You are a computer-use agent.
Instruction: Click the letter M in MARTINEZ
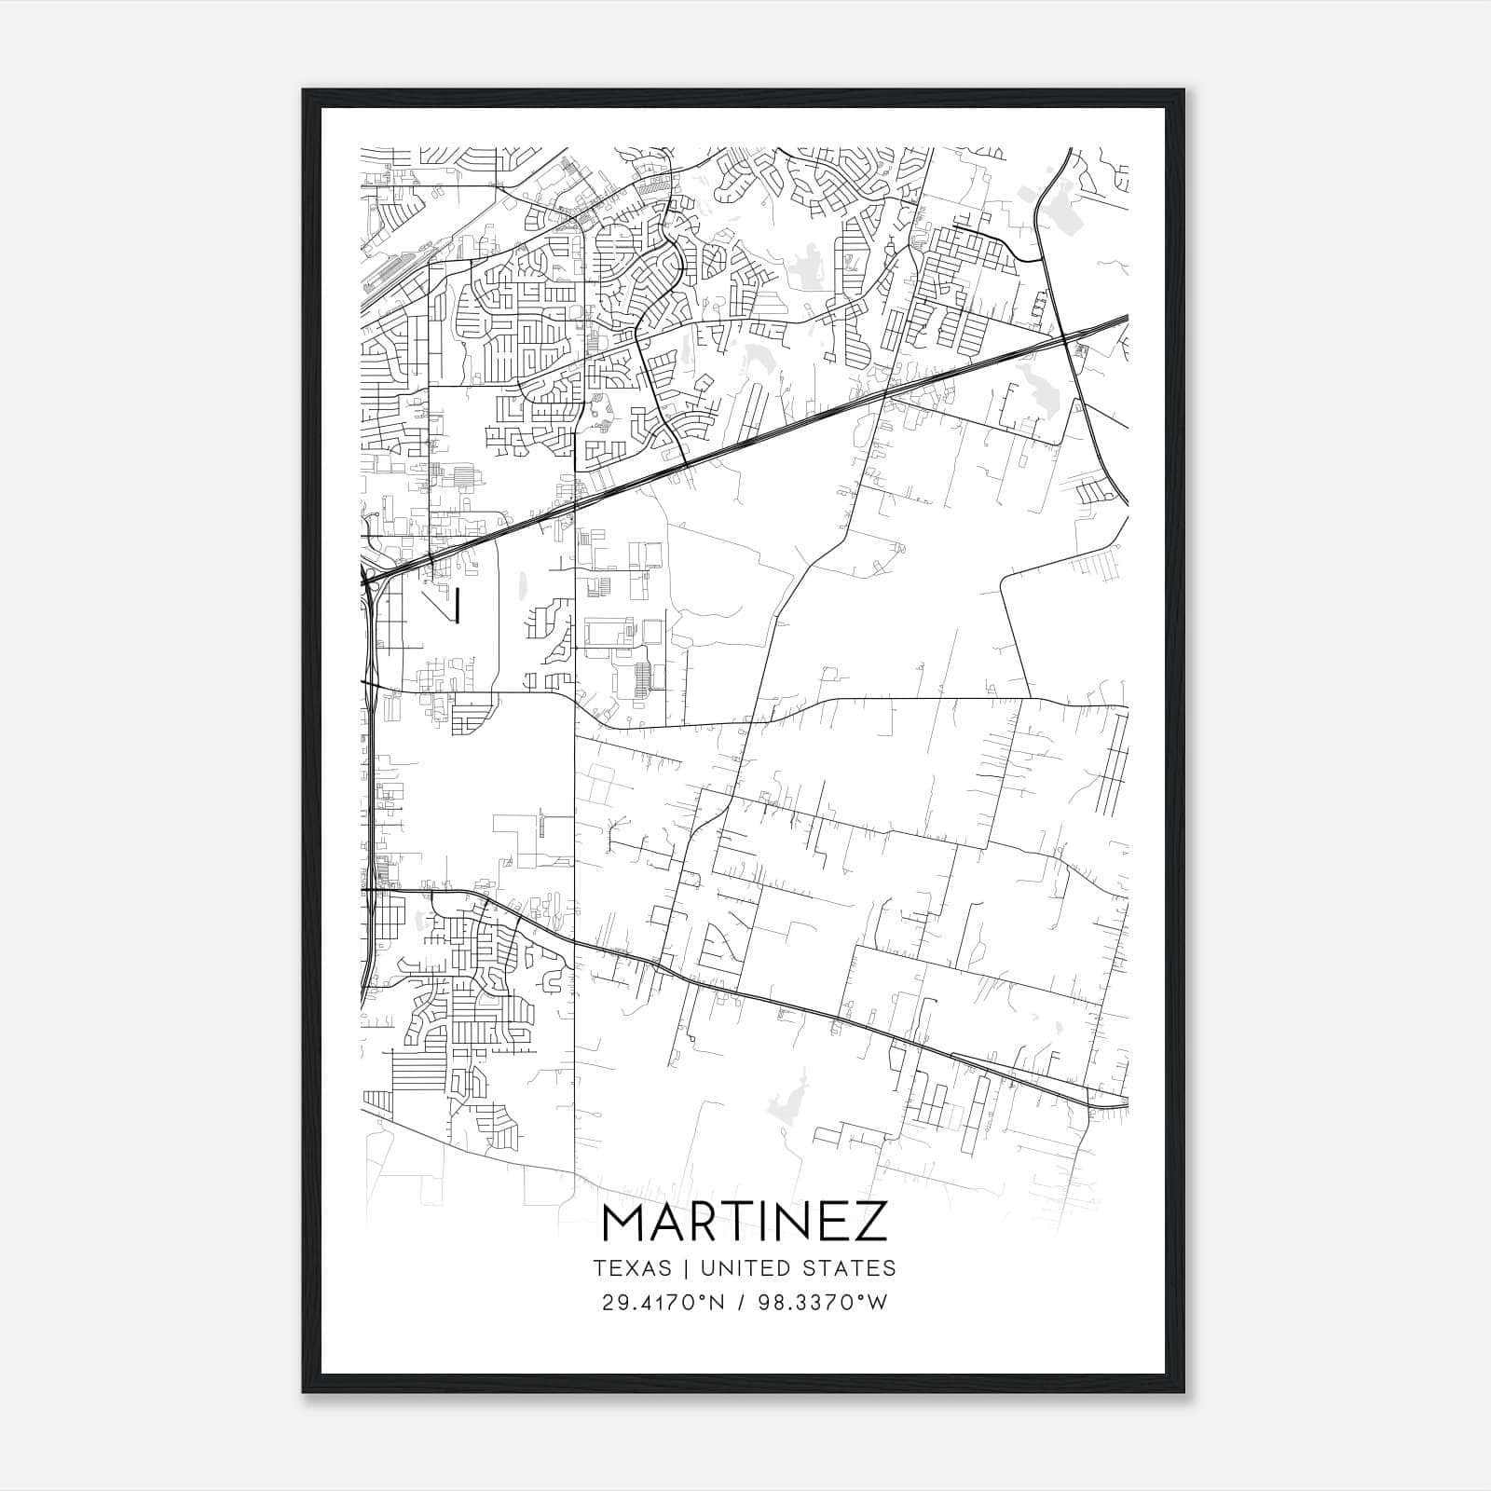[627, 1222]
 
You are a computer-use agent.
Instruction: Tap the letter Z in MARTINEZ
[869, 1222]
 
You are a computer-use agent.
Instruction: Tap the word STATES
[853, 1268]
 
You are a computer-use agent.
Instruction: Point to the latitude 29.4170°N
[663, 1303]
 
